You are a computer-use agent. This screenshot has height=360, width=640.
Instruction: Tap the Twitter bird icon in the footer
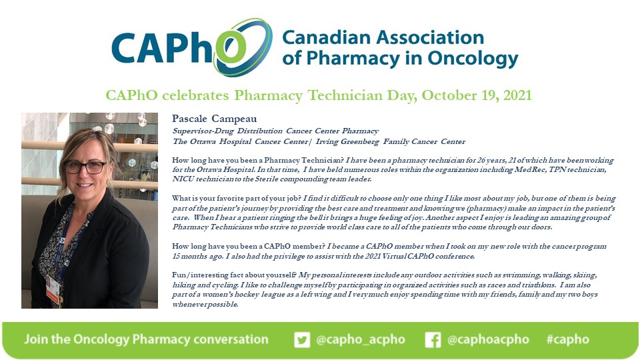pos(302,339)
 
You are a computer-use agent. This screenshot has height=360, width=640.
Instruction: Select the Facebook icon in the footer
pos(433,339)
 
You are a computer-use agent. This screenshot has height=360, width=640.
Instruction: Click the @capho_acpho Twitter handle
pos(361,339)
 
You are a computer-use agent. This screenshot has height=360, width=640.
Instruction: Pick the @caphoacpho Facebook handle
pos(489,339)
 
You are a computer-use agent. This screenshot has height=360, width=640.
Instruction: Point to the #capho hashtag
pos(567,339)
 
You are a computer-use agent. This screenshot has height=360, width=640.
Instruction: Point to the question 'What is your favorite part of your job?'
pos(237,199)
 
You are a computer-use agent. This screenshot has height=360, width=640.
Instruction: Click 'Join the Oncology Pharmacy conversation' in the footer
pos(146,339)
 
